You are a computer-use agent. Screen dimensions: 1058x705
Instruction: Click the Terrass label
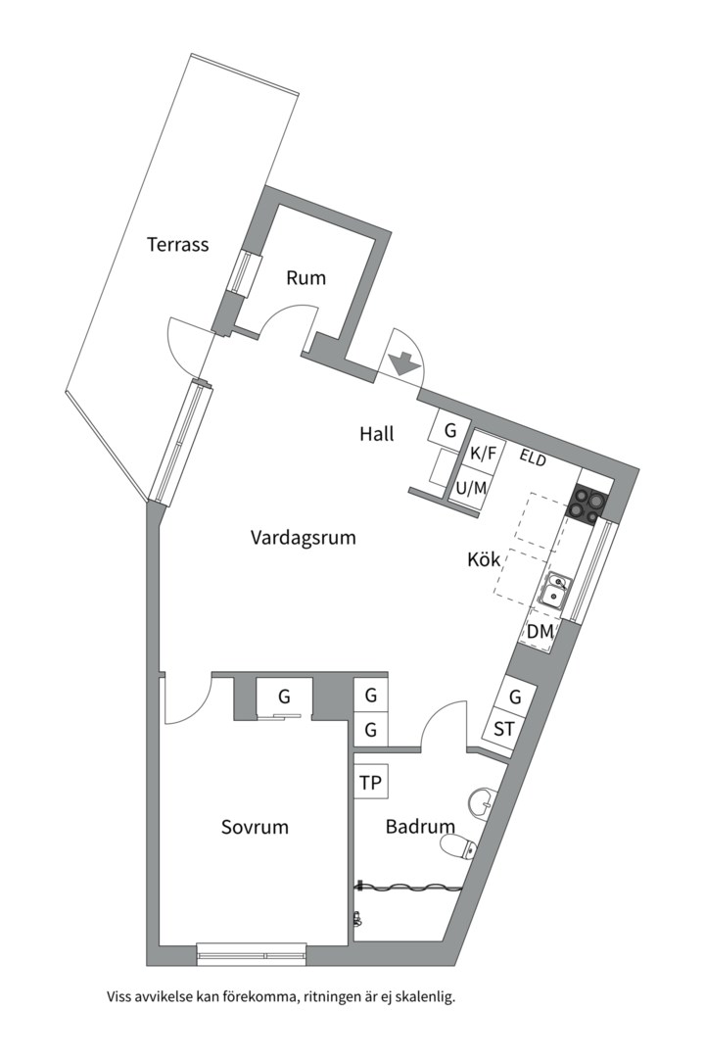[178, 245]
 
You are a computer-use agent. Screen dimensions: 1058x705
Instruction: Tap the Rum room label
[305, 278]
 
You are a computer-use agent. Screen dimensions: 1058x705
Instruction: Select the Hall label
[377, 434]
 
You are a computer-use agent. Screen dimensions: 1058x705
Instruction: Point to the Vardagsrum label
[303, 538]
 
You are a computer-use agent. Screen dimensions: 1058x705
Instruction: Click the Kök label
[484, 561]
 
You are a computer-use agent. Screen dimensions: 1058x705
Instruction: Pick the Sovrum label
[255, 827]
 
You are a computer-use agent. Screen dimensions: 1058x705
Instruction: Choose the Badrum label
[420, 827]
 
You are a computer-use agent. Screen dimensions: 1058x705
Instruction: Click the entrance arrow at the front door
[400, 363]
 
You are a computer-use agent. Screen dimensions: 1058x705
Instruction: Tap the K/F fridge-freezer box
[485, 454]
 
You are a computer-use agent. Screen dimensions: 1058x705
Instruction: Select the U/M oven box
[471, 487]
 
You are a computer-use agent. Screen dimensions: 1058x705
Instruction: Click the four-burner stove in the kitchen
[589, 504]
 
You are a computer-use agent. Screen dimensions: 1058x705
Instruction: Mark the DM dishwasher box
[540, 633]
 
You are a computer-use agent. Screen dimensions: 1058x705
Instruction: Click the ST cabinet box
[504, 730]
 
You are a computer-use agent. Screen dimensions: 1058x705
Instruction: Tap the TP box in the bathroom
[371, 783]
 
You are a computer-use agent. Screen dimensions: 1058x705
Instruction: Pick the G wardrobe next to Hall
[450, 430]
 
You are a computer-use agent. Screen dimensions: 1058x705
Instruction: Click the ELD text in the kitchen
[534, 457]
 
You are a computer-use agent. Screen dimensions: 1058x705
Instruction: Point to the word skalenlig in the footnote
[423, 998]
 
